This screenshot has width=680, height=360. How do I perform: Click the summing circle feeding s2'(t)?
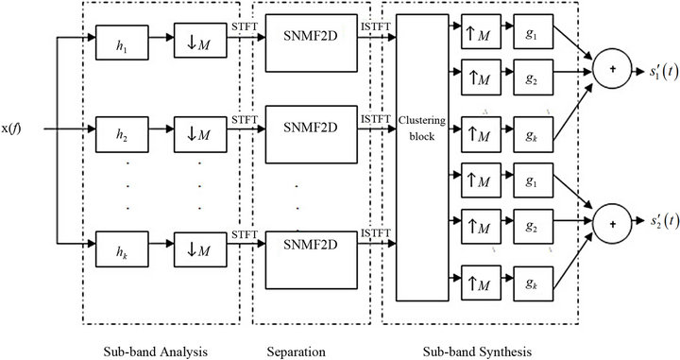point(611,223)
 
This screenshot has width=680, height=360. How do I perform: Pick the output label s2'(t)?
point(654,223)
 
